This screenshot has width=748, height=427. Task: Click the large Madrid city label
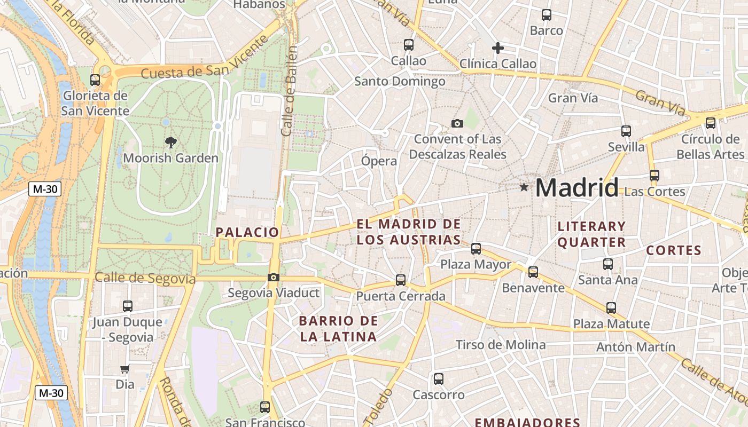click(576, 188)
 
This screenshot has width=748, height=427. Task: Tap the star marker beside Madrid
click(524, 187)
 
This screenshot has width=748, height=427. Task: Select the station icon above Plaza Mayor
click(476, 248)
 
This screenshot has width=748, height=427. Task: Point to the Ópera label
click(379, 161)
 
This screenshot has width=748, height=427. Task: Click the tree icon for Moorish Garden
click(171, 143)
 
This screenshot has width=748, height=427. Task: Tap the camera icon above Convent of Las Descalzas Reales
click(457, 124)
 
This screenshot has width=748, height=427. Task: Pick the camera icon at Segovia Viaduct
click(274, 277)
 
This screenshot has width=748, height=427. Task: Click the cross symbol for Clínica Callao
click(498, 48)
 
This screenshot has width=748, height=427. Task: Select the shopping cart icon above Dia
click(125, 369)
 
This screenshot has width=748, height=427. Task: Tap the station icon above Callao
click(409, 45)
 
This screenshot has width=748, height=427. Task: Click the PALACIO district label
click(247, 232)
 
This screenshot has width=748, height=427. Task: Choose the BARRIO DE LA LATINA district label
click(338, 329)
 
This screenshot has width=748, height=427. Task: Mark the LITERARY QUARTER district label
click(591, 234)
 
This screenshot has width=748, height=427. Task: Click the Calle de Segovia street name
click(145, 278)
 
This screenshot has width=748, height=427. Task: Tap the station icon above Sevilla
click(626, 131)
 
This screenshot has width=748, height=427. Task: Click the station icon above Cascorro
click(439, 379)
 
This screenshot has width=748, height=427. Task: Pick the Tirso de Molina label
click(501, 345)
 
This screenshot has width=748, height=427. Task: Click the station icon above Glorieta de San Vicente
click(95, 80)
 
